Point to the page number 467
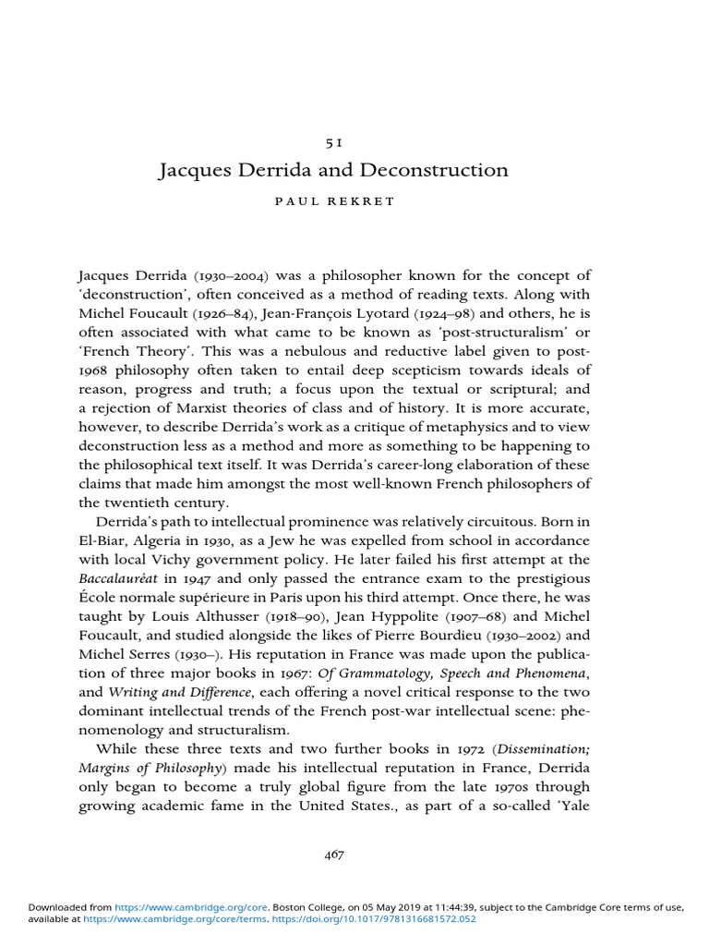click(x=333, y=855)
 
